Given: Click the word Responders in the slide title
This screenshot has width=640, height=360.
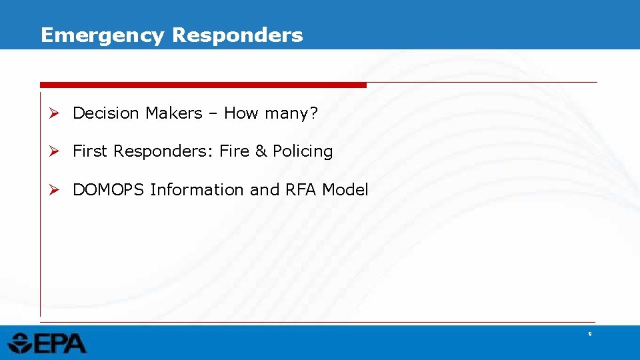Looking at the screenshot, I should click(x=237, y=35).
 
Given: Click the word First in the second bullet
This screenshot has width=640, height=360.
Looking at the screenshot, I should click(x=89, y=151).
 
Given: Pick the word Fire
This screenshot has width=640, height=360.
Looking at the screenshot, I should click(x=234, y=151).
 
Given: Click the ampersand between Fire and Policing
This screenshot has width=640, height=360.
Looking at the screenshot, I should click(x=261, y=151).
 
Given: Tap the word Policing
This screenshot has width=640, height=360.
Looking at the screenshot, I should click(x=303, y=152).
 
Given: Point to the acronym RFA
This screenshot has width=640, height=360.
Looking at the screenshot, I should click(x=301, y=190).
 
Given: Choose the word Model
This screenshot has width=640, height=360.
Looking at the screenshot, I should click(x=345, y=190).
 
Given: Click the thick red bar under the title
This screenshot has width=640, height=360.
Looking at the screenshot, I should click(x=203, y=85).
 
